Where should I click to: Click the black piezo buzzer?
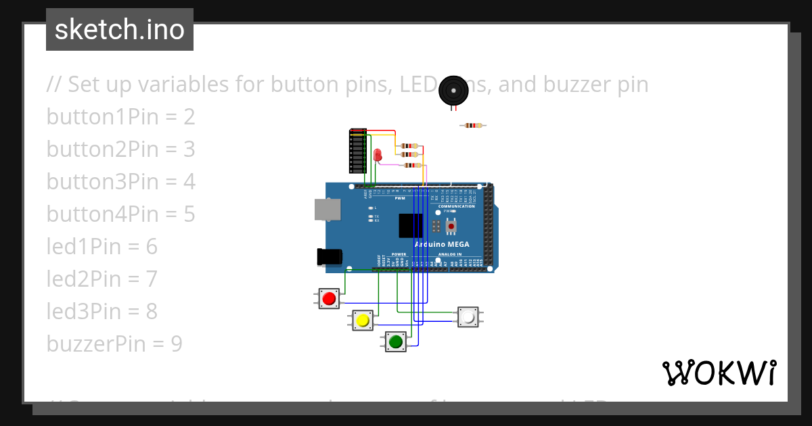[x=452, y=91]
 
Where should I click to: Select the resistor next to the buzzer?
[x=473, y=125]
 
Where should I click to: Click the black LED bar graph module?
[x=357, y=151]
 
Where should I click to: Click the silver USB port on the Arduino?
[x=328, y=209]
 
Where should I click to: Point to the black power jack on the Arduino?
[x=330, y=257]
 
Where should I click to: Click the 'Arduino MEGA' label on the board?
[x=444, y=244]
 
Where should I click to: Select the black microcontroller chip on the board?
[x=411, y=225]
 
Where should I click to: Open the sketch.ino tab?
[x=120, y=30]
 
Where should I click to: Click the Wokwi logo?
[x=719, y=373]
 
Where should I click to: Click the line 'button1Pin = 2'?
[x=120, y=117]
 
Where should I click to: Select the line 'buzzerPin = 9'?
[x=114, y=344]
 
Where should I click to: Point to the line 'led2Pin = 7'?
[x=101, y=279]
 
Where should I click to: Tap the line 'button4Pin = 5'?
[x=120, y=214]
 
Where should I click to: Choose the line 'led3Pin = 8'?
[x=101, y=312]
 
